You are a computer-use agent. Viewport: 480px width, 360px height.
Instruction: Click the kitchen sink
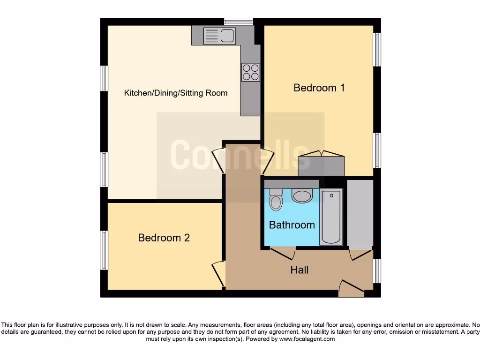219,35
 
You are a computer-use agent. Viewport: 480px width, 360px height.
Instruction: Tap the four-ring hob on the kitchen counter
250,72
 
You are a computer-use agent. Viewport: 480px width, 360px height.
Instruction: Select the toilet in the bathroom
276,200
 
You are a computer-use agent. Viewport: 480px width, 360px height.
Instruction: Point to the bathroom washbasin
302,195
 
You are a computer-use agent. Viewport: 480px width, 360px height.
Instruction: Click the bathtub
331,217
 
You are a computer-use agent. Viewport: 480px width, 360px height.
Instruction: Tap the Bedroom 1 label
319,88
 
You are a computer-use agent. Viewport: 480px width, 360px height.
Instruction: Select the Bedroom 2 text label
164,238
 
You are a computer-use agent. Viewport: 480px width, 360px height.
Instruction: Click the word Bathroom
292,225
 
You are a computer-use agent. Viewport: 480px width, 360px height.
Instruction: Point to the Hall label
300,270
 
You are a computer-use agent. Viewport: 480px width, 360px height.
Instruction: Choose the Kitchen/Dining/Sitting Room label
175,93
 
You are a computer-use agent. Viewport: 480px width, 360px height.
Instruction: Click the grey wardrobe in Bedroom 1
321,166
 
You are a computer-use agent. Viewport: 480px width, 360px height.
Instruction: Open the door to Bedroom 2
218,274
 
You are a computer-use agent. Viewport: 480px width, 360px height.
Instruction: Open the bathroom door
283,253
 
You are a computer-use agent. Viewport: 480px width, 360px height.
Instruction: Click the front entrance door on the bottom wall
352,288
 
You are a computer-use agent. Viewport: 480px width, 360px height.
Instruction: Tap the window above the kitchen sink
238,21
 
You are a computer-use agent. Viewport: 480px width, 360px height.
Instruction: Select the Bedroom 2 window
104,250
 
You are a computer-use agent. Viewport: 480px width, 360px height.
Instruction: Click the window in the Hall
377,271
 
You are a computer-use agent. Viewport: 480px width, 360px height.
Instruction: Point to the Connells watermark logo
240,155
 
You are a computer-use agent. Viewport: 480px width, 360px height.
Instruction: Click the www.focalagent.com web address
307,339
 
